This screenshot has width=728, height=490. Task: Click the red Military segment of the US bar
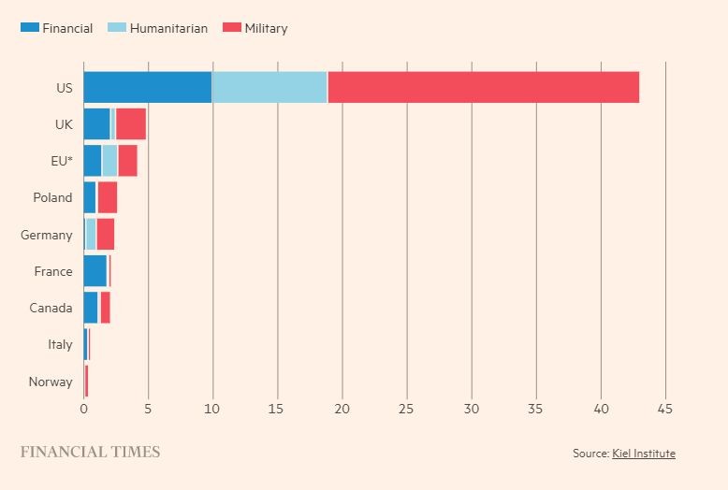tap(484, 87)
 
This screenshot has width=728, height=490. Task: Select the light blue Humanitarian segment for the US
tap(269, 87)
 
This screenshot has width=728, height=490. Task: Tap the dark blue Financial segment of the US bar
tap(148, 87)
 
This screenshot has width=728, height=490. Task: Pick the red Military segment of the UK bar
tap(131, 123)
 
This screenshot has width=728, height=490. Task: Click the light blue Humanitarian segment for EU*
tap(109, 161)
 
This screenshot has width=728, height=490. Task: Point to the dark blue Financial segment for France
tap(95, 271)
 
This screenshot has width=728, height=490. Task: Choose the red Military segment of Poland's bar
tap(108, 197)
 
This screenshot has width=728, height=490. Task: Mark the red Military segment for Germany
tap(106, 235)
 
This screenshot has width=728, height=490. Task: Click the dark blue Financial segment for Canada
tap(91, 308)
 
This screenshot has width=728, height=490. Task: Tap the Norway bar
tap(86, 382)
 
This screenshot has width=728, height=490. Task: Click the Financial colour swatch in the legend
tap(30, 27)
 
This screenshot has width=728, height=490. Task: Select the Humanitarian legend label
tap(168, 28)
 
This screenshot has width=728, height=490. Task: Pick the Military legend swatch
tap(232, 27)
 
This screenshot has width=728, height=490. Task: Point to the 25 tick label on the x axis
tap(406, 409)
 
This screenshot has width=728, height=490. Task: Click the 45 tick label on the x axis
tap(665, 409)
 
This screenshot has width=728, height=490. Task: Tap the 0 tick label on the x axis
tap(83, 409)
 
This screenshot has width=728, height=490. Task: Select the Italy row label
tap(60, 345)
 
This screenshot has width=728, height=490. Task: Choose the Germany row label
tap(47, 236)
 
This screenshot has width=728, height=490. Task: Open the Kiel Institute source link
tap(644, 453)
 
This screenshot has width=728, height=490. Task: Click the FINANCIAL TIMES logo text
tap(90, 452)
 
